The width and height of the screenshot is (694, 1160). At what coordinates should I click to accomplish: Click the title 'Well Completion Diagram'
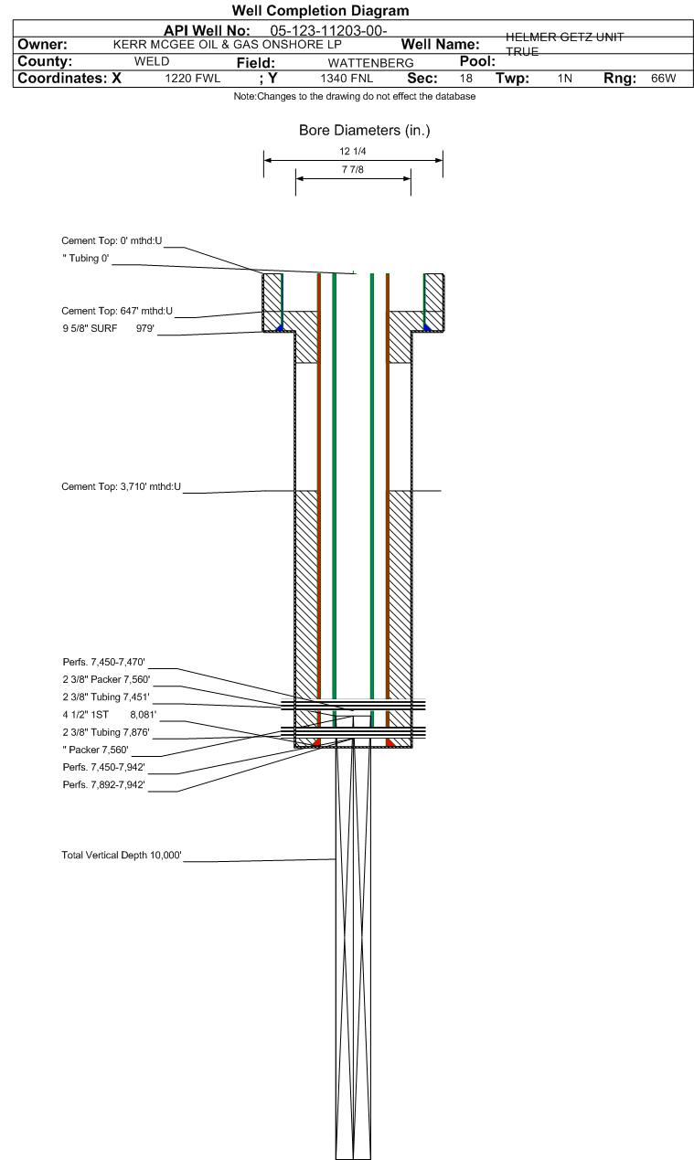pyautogui.click(x=320, y=11)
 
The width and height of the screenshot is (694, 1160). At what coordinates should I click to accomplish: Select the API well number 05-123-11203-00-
pyautogui.click(x=329, y=31)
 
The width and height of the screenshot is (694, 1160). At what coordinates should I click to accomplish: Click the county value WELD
pyautogui.click(x=151, y=61)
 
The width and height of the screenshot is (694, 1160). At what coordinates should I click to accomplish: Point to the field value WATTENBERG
pyautogui.click(x=370, y=62)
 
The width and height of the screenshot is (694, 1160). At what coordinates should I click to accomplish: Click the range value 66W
pyautogui.click(x=663, y=79)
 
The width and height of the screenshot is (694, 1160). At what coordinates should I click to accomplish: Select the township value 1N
pyautogui.click(x=564, y=79)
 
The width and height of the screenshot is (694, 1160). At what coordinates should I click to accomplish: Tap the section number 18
pyautogui.click(x=465, y=79)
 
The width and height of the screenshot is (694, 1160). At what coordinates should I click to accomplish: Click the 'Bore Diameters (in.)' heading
pyautogui.click(x=364, y=131)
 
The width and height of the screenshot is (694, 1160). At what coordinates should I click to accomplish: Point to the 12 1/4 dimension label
pyautogui.click(x=353, y=152)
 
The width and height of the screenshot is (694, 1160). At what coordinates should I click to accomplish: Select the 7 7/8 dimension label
pyautogui.click(x=353, y=170)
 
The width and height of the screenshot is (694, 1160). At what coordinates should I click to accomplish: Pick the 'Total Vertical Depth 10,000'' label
pyautogui.click(x=122, y=856)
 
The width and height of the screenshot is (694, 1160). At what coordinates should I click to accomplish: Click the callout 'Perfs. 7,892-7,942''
pyautogui.click(x=103, y=785)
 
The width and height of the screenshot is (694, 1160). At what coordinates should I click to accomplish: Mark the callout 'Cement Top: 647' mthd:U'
pyautogui.click(x=115, y=311)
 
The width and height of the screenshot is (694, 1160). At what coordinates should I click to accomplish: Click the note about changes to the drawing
pyautogui.click(x=354, y=97)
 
